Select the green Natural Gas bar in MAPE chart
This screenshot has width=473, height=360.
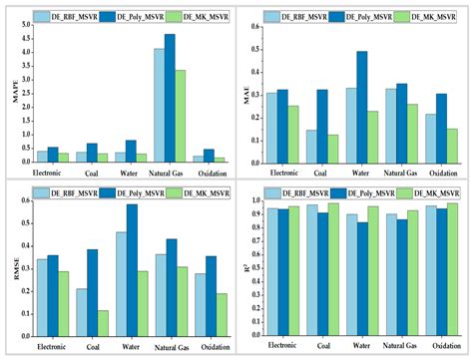pos(180,116)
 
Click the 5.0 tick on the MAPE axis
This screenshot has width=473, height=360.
pos(27,24)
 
